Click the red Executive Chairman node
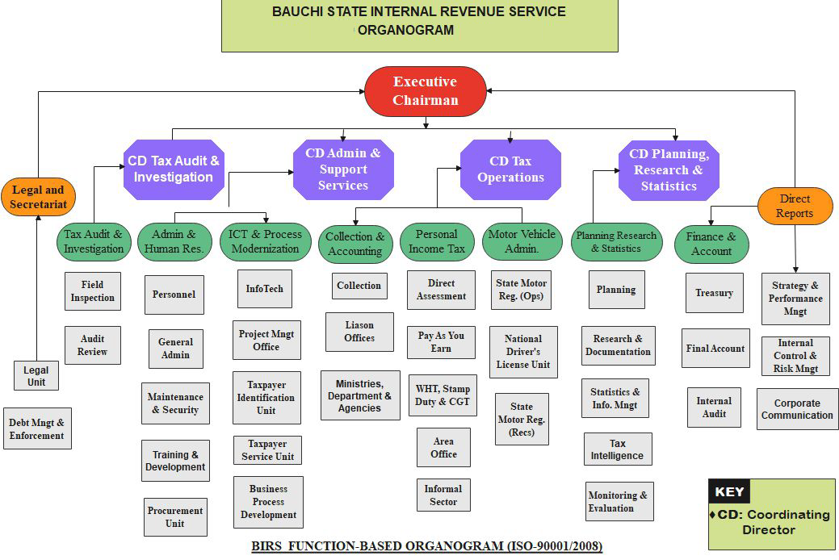coord(426,90)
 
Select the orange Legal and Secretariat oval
coord(38,198)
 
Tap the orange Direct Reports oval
coord(795,206)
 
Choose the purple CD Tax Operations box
coord(510,169)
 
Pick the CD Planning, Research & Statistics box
coord(669,169)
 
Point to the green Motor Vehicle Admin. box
coord(522,242)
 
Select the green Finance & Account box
coord(711,244)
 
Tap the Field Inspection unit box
coord(93,291)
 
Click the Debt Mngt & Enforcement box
coord(37,428)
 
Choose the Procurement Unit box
coord(175,516)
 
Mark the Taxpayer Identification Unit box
coord(266,397)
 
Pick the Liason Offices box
coord(359,332)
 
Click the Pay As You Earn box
coord(441,342)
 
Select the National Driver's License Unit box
coord(522,352)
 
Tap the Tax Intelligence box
coord(618,449)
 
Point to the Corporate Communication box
coord(797,409)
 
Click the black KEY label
coord(728,492)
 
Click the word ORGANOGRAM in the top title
coord(405,31)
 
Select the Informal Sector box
coord(443,495)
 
